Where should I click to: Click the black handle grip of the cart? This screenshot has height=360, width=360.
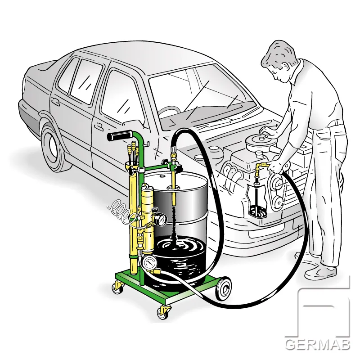coord(120,135)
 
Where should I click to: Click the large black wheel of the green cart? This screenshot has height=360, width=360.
coord(223,288)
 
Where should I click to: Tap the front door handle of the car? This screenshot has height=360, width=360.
coord(99,126)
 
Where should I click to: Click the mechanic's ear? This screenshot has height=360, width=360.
coord(286,67)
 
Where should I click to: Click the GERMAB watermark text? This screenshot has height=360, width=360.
coord(318,344)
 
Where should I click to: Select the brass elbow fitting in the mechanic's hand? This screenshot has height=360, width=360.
coord(262,166)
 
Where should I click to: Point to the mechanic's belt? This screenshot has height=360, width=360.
coord(337,123)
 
